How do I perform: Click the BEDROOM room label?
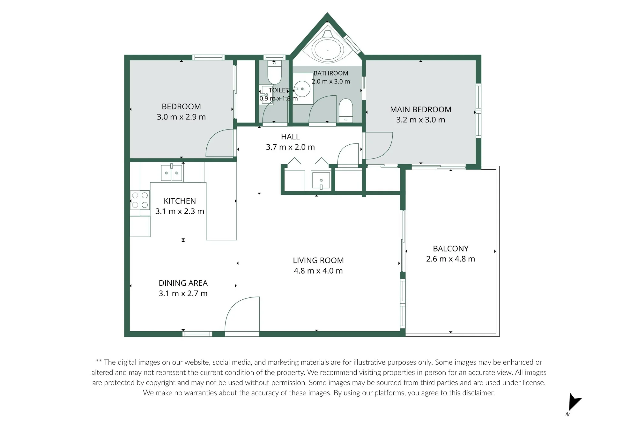181,106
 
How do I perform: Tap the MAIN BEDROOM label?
420,110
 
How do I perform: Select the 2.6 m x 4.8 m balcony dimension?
450,259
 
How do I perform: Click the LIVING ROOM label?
318,260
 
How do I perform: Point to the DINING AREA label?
183,283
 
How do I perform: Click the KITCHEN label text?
180,201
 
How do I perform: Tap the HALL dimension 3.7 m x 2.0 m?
290,147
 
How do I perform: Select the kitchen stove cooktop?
140,200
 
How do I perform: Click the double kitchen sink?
172,173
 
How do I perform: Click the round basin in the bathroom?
301,89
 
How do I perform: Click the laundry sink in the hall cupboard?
321,181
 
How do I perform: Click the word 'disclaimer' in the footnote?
478,393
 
